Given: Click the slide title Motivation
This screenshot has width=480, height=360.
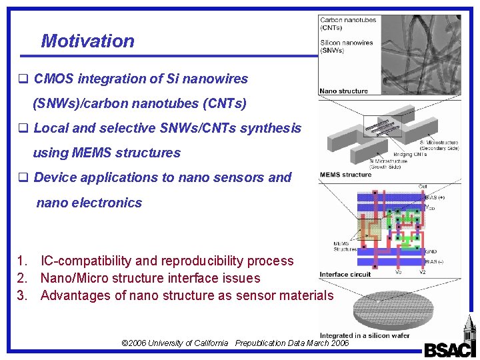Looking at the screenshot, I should [x=87, y=41].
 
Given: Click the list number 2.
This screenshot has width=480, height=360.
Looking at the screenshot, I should [x=21, y=278].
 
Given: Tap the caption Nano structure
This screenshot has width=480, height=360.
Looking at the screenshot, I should [x=343, y=91].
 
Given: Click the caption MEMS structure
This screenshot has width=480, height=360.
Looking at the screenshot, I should [x=345, y=175].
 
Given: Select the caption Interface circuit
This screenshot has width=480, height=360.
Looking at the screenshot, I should [x=345, y=275].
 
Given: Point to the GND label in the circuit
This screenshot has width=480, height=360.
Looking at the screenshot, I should [x=431, y=252].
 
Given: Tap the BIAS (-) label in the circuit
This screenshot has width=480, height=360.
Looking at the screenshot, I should [x=435, y=262].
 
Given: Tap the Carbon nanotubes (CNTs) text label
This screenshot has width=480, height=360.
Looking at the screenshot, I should [x=348, y=24].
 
